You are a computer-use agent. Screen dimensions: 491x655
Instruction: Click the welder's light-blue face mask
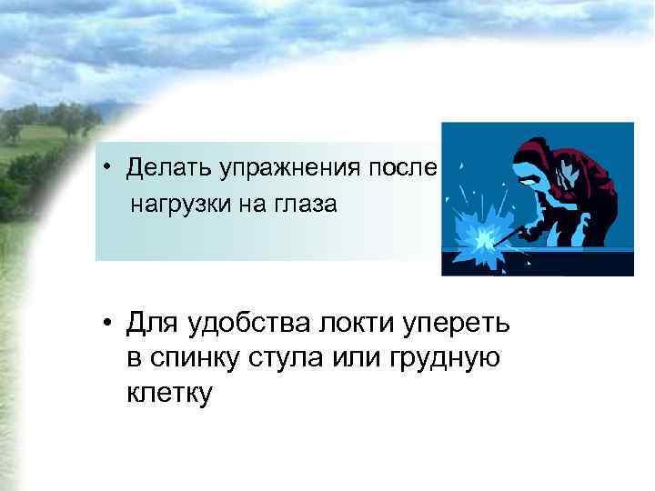(529, 167)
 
